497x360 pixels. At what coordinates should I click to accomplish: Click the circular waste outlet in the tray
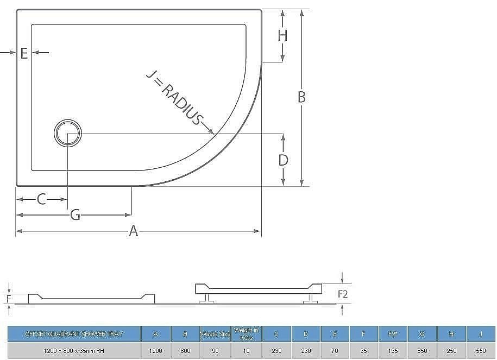(68, 132)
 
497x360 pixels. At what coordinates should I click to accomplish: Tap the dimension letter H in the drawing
(282, 36)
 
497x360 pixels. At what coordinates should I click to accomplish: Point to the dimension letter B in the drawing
(301, 97)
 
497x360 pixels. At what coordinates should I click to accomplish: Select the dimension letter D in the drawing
(283, 160)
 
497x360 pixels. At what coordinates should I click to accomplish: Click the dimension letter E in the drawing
(24, 53)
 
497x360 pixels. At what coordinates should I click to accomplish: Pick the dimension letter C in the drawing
(42, 199)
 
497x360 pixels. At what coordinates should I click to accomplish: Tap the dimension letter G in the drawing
(76, 215)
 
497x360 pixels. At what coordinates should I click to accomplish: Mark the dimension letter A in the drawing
(134, 232)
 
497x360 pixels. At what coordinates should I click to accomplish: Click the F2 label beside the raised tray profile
(343, 294)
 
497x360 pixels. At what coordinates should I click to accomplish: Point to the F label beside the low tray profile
(8, 299)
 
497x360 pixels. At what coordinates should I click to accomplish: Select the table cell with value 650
(422, 351)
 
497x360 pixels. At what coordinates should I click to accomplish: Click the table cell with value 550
(481, 351)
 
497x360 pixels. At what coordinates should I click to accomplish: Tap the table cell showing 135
(393, 351)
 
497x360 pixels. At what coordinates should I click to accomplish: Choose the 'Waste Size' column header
(216, 334)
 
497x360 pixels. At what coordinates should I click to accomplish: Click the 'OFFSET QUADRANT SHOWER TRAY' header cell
(74, 334)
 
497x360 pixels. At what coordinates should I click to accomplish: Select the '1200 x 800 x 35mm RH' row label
(74, 351)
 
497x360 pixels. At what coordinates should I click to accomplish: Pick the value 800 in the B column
(185, 351)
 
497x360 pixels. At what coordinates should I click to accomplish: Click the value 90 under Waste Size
(216, 351)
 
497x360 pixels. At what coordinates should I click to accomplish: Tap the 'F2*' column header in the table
(393, 334)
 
